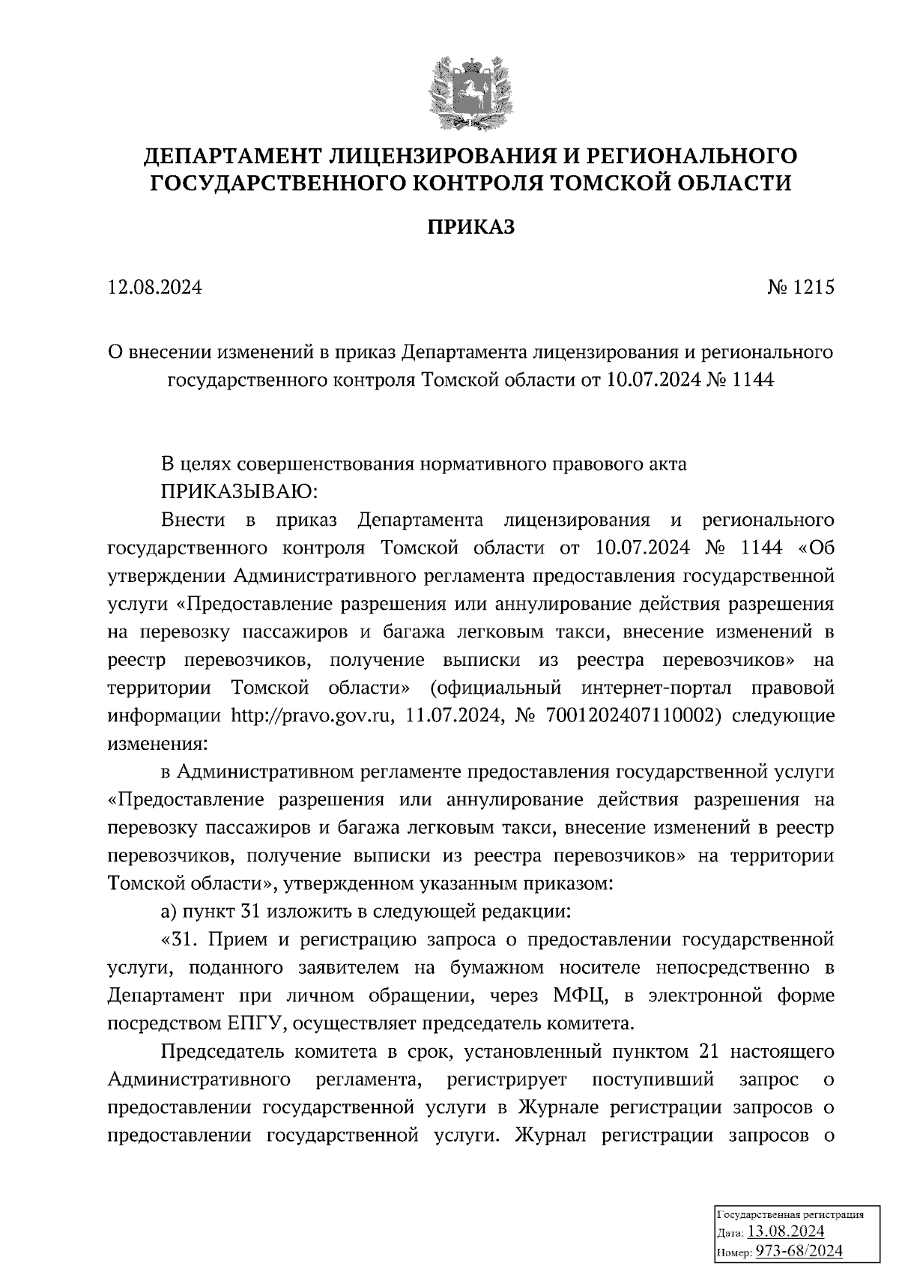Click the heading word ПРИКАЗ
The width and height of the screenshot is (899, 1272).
(471, 228)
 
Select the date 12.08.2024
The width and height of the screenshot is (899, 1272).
(155, 288)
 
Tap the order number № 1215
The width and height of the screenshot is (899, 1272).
(800, 288)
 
